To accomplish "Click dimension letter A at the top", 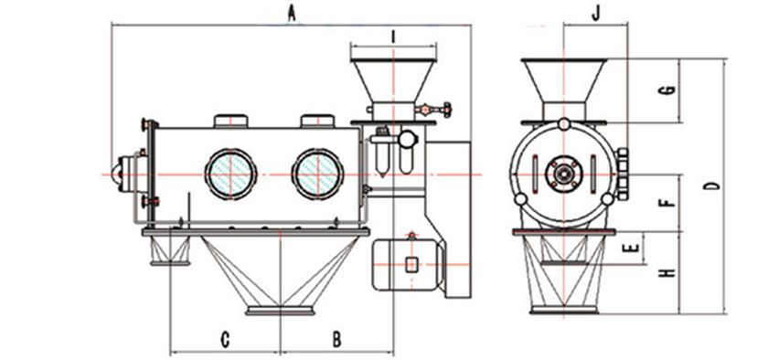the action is pyautogui.click(x=292, y=14).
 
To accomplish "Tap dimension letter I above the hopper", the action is pyautogui.click(x=393, y=37).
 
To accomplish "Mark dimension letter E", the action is pyautogui.click(x=633, y=248).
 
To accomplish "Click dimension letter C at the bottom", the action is pyautogui.click(x=225, y=339).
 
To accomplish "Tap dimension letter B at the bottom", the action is pyautogui.click(x=337, y=339).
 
